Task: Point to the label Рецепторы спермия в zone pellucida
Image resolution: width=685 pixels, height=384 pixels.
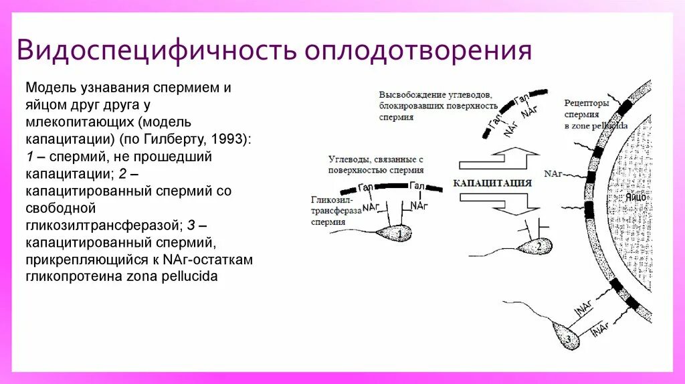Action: [x=587, y=114]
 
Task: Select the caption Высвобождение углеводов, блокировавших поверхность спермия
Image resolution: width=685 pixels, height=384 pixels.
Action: [x=437, y=106]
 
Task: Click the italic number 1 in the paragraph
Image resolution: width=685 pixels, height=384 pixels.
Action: [x=29, y=157]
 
